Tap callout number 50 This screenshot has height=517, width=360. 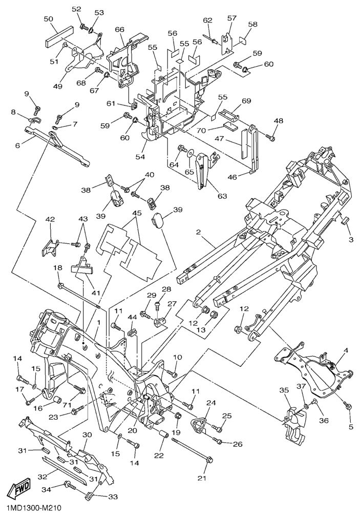coord(49,19)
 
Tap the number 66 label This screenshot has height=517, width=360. coord(119,30)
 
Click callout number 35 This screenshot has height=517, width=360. coord(284,391)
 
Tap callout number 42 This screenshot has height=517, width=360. coord(50,220)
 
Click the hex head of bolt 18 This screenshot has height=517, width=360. coord(61,286)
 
